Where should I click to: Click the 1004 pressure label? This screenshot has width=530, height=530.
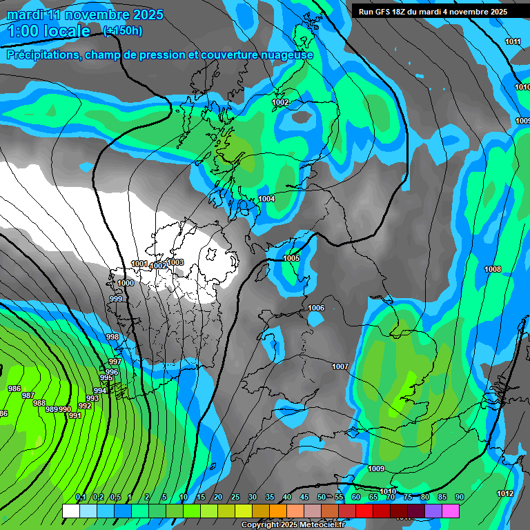(x=266, y=199)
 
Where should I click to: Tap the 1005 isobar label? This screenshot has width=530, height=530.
(x=291, y=258)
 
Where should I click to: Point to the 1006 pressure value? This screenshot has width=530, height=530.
(x=316, y=308)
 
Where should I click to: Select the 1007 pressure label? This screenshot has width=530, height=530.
(x=340, y=366)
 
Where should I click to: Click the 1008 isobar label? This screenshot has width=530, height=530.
(x=493, y=269)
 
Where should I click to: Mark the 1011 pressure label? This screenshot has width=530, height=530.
(x=513, y=41)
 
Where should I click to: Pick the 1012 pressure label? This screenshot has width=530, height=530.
(x=505, y=493)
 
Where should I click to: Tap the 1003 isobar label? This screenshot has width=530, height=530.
(x=175, y=262)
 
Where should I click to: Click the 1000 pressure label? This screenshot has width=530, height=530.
(x=126, y=283)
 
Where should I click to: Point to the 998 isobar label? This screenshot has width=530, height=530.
(x=112, y=337)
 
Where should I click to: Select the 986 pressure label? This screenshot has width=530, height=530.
(x=14, y=389)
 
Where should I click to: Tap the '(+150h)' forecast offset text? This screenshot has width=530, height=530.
(x=122, y=30)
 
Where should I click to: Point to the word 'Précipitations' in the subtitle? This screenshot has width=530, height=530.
(x=43, y=55)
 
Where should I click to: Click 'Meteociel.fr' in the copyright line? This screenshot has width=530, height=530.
(x=319, y=525)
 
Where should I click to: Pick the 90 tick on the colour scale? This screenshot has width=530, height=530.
(x=459, y=497)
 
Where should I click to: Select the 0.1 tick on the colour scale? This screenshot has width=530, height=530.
(x=80, y=497)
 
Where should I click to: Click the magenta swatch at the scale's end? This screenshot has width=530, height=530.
(x=450, y=511)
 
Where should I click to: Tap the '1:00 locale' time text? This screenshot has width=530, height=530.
(x=48, y=31)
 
